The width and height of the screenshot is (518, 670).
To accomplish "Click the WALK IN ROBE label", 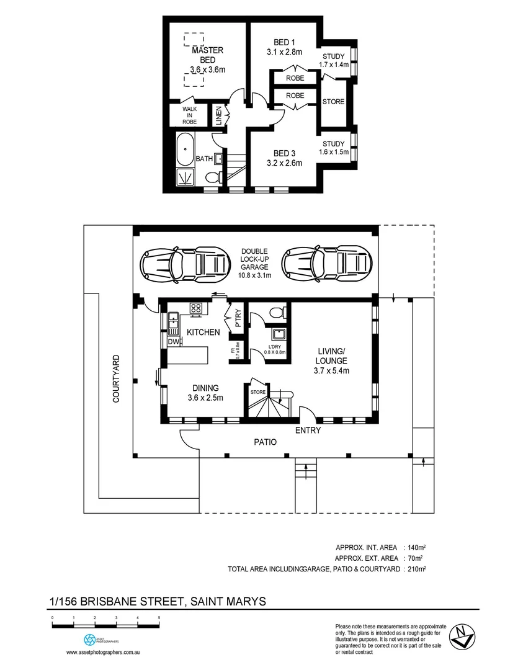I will (189, 115).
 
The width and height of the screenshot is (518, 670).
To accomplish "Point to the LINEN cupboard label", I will (219, 116).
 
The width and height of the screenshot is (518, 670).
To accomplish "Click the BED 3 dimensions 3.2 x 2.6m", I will (288, 164).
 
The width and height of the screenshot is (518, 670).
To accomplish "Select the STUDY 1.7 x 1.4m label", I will (334, 60).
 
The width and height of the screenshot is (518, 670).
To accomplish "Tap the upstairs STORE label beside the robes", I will (333, 102).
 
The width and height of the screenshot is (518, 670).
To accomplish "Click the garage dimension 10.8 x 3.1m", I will (255, 275).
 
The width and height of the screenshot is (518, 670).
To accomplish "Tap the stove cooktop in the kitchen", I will (197, 307).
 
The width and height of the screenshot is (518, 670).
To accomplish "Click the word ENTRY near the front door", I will (308, 431).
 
